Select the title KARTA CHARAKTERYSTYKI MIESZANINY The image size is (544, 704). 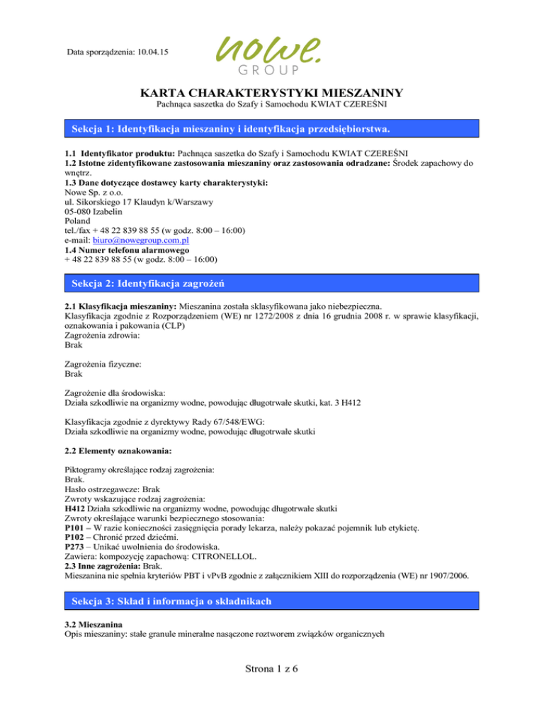[272, 93]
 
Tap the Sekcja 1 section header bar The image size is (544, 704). [272, 130]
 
